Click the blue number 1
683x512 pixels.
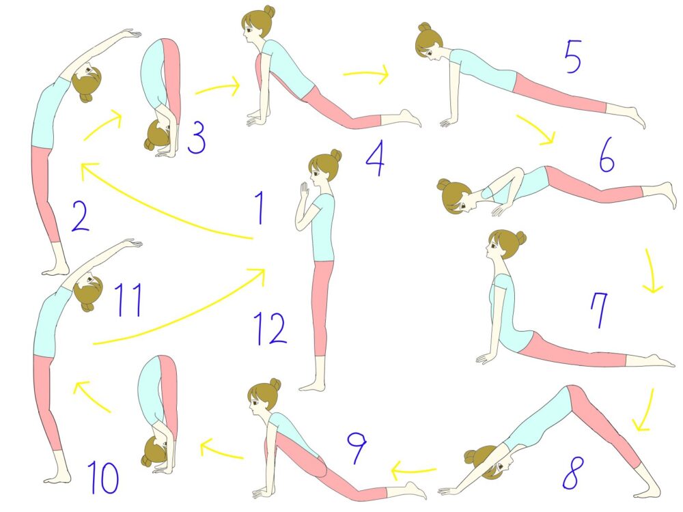260,208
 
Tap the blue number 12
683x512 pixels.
270,329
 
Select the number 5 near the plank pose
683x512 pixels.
573,57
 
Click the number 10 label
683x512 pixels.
103,478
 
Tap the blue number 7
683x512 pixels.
599,309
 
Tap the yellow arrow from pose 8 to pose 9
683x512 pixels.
414,471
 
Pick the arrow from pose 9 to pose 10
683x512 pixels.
221,449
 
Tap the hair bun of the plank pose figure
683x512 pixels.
424,27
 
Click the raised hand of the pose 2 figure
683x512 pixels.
130,33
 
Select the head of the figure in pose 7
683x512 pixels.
505,245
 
